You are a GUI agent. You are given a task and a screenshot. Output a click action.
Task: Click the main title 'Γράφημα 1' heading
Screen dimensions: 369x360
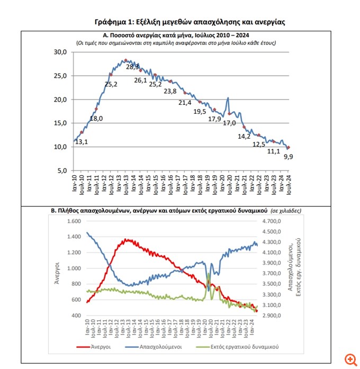[x=190, y=22]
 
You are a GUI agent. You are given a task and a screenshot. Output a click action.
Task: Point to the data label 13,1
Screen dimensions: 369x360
[x=81, y=141]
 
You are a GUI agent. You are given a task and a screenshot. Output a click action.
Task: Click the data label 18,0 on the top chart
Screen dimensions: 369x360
[x=96, y=118]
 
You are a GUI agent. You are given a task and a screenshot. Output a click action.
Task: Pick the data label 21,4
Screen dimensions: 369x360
[x=185, y=103]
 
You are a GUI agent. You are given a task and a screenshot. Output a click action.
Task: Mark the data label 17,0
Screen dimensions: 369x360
[x=229, y=123]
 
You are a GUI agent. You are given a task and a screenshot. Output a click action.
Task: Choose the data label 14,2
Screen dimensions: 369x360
[x=244, y=136]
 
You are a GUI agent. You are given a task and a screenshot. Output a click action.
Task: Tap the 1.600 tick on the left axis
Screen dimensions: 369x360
[x=74, y=221]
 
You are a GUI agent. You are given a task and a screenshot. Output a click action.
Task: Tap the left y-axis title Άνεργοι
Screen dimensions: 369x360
[x=57, y=275]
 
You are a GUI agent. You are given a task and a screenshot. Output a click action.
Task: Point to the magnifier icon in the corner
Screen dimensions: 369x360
[x=349, y=359]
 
